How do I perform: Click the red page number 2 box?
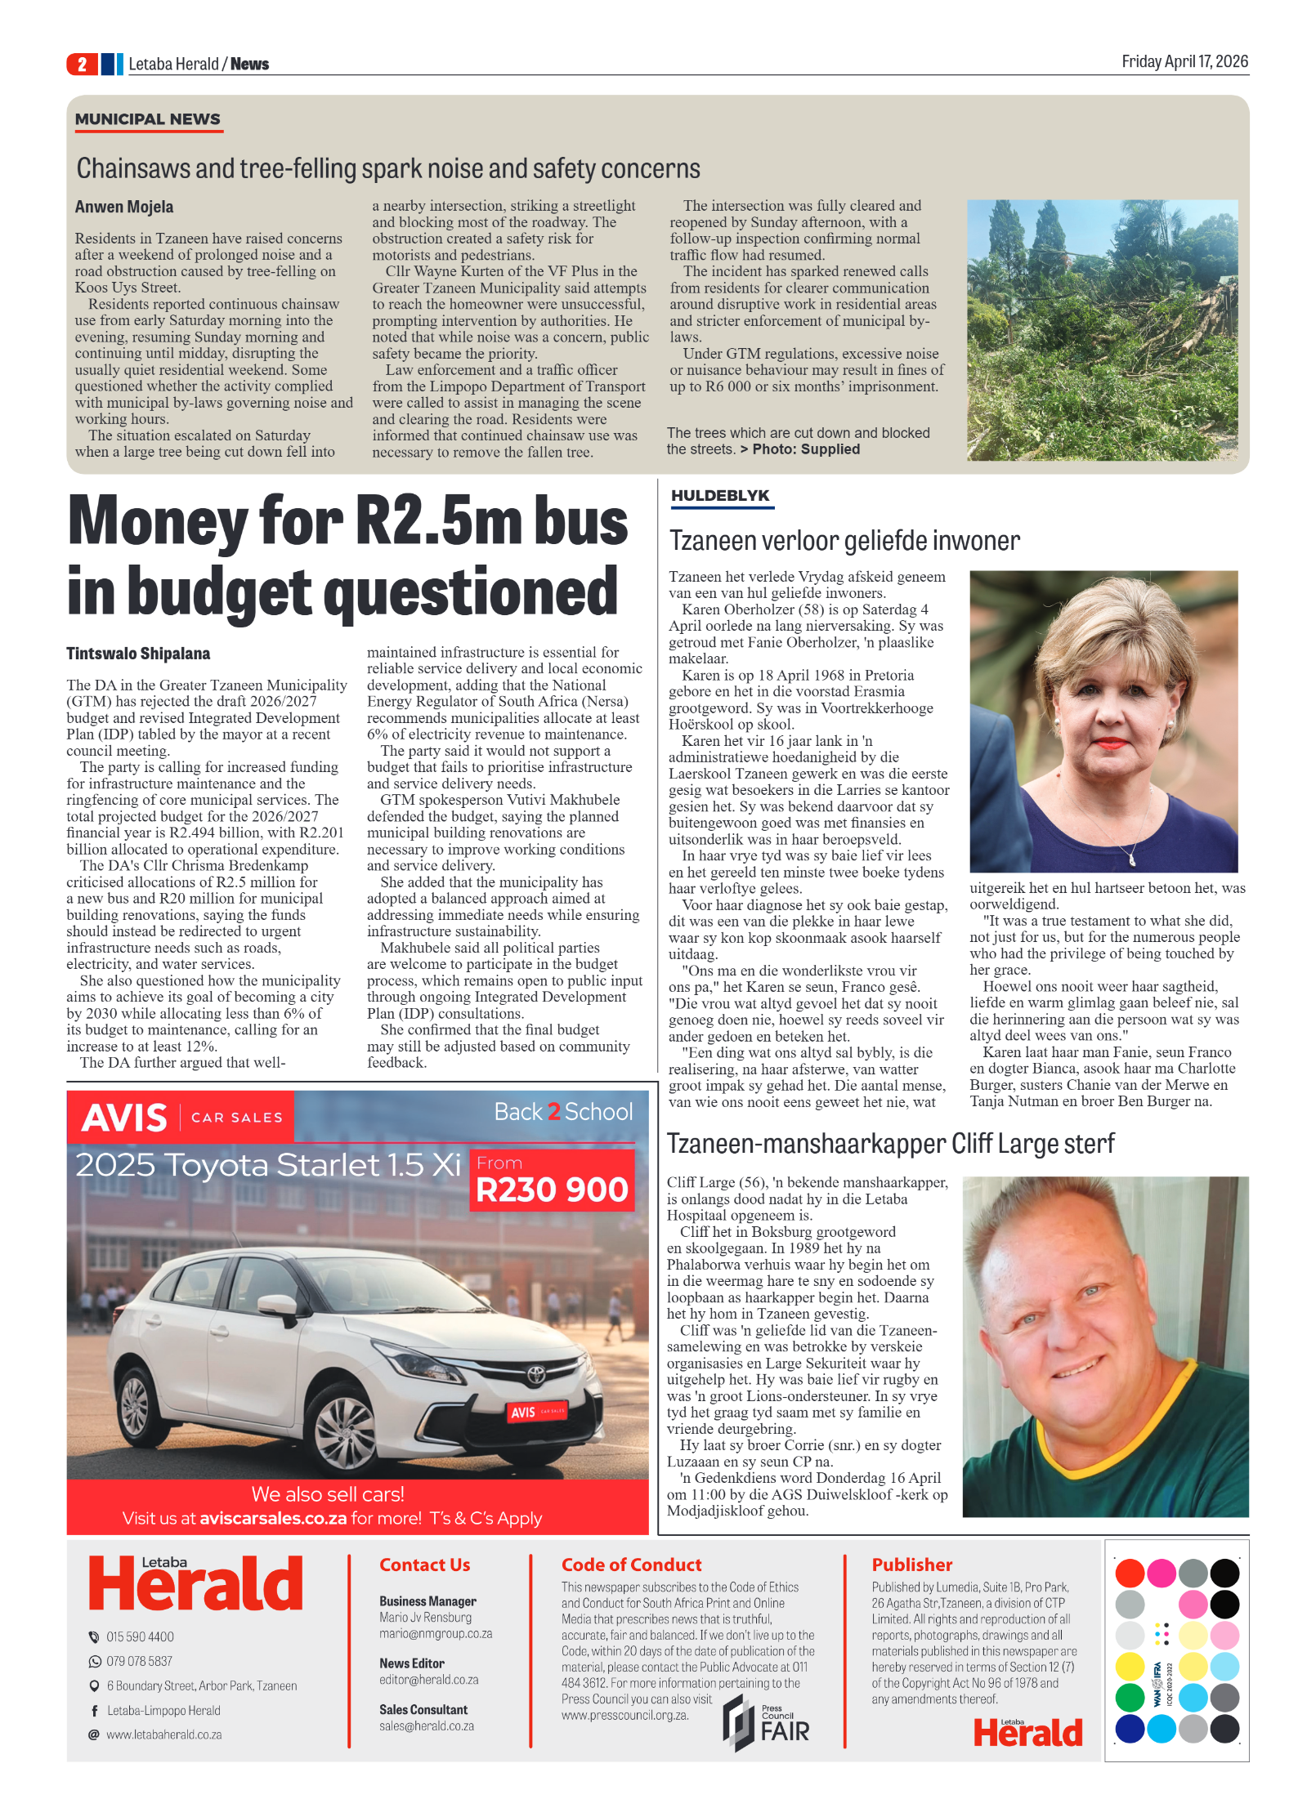coord(82,64)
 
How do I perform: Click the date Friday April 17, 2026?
coord(1184,61)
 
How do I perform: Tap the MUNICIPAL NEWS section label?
coord(147,119)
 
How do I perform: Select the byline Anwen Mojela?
coord(124,207)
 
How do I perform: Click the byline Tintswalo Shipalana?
coord(138,654)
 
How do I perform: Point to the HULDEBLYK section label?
coord(720,495)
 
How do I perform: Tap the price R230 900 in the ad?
coord(552,1189)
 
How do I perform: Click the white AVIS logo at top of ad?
coord(124,1117)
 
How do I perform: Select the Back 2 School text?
coord(563,1112)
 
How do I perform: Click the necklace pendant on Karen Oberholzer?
coord(1132,859)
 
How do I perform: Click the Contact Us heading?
coord(424,1565)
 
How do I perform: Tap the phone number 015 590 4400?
coord(140,1636)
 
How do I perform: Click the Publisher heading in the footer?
coord(911,1565)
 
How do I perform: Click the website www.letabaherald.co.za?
coord(163,1734)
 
